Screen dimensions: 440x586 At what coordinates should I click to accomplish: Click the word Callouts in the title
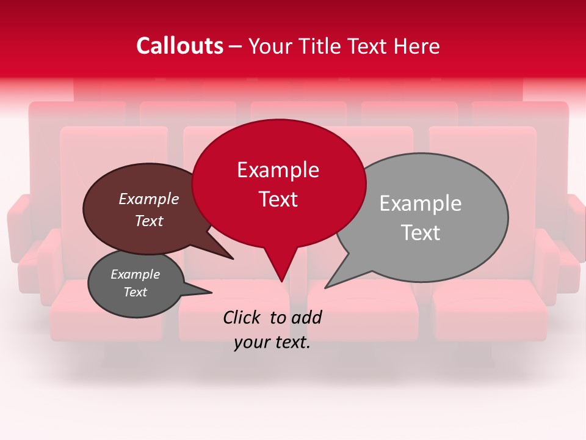(x=179, y=46)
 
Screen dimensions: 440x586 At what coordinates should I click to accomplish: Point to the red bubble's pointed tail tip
(x=281, y=281)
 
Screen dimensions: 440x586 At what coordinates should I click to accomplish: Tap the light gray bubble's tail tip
(x=326, y=287)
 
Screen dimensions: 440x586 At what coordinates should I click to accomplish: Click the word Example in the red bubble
(x=278, y=169)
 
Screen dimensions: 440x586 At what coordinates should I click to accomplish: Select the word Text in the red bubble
(x=278, y=199)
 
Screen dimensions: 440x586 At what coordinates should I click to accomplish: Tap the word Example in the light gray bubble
(x=421, y=203)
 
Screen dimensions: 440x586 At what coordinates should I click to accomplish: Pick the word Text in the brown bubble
(x=149, y=221)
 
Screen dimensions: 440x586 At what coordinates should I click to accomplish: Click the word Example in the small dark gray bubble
(x=135, y=274)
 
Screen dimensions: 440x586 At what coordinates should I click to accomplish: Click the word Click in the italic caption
(x=244, y=317)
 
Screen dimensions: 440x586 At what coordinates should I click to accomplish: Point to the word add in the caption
(x=306, y=317)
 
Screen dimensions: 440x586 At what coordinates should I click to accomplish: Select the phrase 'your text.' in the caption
(x=272, y=343)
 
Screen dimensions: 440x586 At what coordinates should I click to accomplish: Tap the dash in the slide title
(x=236, y=46)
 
